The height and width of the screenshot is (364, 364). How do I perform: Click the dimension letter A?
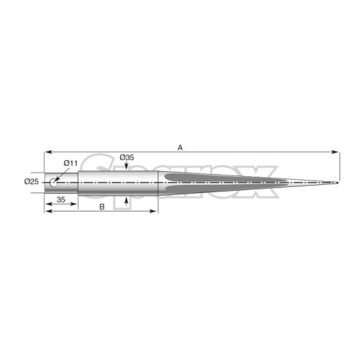[180, 147]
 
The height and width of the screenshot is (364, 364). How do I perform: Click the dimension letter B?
[102, 207]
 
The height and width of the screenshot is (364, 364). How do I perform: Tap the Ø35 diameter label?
[127, 157]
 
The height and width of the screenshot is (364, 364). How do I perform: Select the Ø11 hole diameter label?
[71, 163]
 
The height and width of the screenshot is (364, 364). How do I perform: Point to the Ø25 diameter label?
[31, 181]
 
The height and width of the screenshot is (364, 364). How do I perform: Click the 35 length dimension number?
[60, 199]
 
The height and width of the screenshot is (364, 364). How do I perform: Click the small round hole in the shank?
[54, 183]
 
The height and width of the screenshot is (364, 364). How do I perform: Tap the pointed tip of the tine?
[338, 183]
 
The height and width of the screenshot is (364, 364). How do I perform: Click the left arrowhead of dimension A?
[48, 152]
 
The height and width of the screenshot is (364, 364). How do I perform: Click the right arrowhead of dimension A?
[335, 152]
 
